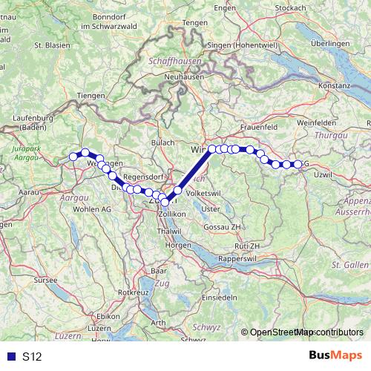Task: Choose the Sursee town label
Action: pyautogui.click(x=36, y=282)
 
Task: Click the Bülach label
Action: pyautogui.click(x=163, y=142)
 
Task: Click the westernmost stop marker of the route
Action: pyautogui.click(x=73, y=156)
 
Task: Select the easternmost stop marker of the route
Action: pyautogui.click(x=298, y=164)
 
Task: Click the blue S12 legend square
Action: pyautogui.click(x=10, y=357)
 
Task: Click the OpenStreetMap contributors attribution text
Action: pyautogui.click(x=306, y=332)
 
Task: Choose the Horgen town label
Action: pyautogui.click(x=178, y=244)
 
